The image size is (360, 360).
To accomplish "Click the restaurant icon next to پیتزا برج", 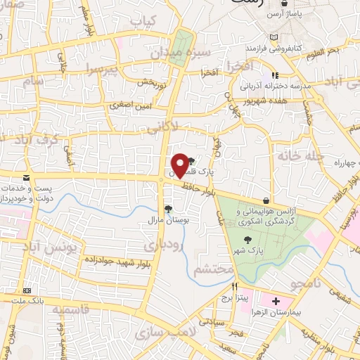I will click(x=236, y=287).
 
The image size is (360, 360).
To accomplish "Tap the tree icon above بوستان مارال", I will click(x=167, y=209).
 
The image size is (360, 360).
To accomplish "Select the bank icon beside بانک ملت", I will click(x=27, y=290).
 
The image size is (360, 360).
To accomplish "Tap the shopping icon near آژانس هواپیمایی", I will click(x=266, y=200).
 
